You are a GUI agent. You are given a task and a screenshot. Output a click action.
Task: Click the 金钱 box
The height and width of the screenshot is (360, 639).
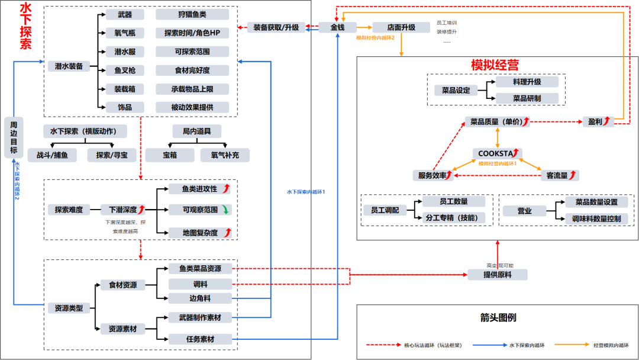337,27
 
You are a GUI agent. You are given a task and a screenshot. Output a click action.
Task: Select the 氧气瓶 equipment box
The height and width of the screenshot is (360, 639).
124,33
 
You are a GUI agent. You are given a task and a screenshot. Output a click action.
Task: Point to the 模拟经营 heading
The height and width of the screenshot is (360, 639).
495,65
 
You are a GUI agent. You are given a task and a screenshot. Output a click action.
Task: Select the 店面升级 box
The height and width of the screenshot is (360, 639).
401,27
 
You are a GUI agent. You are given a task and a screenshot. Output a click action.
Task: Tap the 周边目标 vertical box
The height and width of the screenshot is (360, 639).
14,137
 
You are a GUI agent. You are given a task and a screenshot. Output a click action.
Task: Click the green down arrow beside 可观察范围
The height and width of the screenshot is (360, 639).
226,210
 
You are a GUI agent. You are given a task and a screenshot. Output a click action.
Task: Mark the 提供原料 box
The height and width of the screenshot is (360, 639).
497,275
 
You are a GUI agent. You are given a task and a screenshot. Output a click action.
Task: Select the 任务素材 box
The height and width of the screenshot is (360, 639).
199,339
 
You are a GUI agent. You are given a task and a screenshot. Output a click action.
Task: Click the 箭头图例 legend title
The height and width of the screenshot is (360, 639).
498,318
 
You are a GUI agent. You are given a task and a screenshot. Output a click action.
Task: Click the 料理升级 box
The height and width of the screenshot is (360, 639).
527,82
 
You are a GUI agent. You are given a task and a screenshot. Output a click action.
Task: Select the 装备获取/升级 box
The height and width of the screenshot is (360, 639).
276,27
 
